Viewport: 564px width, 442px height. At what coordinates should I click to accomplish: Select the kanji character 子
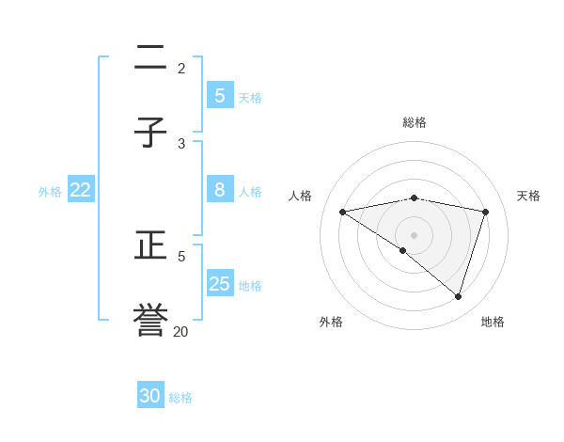point(150,133)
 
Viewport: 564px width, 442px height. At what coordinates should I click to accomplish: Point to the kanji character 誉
point(150,321)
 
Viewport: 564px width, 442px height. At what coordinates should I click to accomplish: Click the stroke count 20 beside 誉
point(180,331)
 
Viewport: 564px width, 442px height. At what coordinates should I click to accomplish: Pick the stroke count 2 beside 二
point(181,68)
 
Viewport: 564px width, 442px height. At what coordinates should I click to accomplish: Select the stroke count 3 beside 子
point(181,143)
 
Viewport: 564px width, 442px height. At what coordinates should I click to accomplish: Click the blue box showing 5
point(220,95)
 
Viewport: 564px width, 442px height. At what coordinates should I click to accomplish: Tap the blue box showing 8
point(220,189)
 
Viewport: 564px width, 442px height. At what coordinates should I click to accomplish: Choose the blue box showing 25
point(220,283)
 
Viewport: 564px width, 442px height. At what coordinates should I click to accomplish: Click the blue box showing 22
point(81,189)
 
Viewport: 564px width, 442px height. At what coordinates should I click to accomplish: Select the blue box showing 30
point(150,396)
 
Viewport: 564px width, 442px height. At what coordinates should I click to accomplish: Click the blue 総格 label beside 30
point(180,398)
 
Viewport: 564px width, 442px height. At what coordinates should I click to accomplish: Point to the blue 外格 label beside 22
point(50,191)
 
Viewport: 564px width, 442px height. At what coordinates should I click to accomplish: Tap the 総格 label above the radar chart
point(415,122)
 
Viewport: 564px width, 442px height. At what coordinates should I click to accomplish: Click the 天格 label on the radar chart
point(529,196)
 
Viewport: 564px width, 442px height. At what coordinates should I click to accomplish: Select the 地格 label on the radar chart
point(493,322)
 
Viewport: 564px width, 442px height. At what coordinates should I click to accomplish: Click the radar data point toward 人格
point(343,212)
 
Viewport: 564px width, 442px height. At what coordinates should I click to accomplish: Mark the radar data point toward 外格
point(403,250)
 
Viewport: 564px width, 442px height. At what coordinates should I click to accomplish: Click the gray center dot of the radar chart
point(415,234)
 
